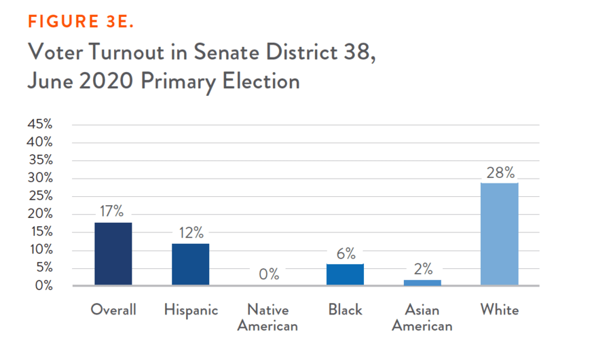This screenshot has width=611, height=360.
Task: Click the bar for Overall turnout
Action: click(x=113, y=254)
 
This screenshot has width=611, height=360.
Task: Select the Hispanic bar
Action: click(x=190, y=264)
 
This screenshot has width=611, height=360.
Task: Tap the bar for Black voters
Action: click(x=345, y=274)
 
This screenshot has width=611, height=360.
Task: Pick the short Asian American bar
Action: click(x=422, y=283)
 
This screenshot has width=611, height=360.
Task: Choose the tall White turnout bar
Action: click(x=500, y=234)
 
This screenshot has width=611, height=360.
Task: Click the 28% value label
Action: click(x=500, y=173)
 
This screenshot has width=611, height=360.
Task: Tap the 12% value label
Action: click(x=191, y=233)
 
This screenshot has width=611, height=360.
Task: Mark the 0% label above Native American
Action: click(x=268, y=274)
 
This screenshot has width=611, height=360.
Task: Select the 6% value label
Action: click(x=346, y=254)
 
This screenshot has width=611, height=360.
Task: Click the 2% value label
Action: click(x=423, y=270)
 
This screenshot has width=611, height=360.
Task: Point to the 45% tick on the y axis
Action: click(x=39, y=124)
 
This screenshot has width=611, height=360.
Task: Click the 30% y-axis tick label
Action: click(x=39, y=178)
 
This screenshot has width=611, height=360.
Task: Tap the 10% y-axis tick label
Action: click(x=39, y=249)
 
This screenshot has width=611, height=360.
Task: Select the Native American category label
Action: click(x=268, y=318)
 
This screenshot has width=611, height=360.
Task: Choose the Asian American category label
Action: click(x=422, y=318)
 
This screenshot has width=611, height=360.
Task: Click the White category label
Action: click(x=500, y=310)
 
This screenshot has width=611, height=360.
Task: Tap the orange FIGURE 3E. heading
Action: click(x=81, y=22)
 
